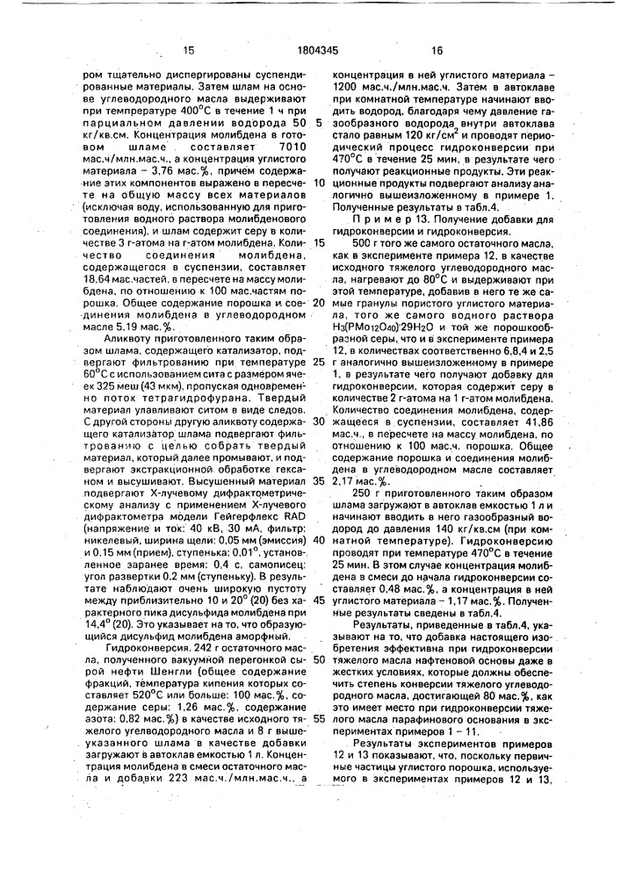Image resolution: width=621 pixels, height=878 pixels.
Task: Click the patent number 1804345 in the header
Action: pyautogui.click(x=311, y=52)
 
